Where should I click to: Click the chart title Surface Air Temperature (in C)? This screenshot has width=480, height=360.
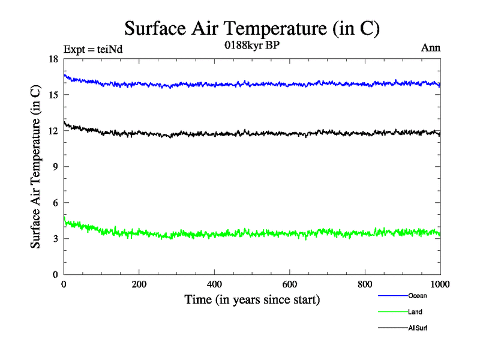pos(253,28)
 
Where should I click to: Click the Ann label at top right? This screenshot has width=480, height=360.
pos(431,48)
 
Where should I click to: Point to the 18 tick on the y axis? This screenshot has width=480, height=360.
pos(53,59)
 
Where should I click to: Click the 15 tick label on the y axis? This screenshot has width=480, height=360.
pos(53,95)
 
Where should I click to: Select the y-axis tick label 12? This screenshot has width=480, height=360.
pos(53,131)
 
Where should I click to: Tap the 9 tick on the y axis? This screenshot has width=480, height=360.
pos(56,167)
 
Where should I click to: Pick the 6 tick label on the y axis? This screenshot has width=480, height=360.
pos(56,203)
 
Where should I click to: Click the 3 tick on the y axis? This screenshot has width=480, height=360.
pos(56,239)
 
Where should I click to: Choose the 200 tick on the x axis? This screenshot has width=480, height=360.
pos(139,284)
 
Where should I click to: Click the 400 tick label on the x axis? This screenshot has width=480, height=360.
pos(214,284)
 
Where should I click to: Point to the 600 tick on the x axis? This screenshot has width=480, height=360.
pos(290,284)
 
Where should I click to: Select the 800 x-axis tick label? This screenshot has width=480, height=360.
pos(365,284)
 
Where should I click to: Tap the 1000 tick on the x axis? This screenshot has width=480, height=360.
pos(440,284)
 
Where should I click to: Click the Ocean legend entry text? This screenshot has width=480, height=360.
pos(418,296)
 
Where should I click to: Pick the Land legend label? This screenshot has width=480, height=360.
pos(415,312)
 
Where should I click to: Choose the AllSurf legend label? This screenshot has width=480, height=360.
pos(418,328)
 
